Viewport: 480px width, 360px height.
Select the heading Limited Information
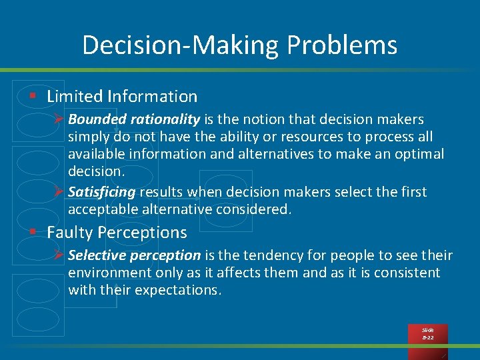coord(122,97)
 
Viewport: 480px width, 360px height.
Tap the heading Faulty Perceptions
coord(117,233)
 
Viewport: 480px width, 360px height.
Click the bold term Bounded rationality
coord(133,119)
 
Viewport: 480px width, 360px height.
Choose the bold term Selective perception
coord(134,255)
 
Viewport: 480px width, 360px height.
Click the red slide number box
coord(427,334)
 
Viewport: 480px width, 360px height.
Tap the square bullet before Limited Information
coord(32,97)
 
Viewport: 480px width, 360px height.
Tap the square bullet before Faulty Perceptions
coord(32,233)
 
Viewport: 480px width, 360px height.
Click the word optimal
coord(419,154)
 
